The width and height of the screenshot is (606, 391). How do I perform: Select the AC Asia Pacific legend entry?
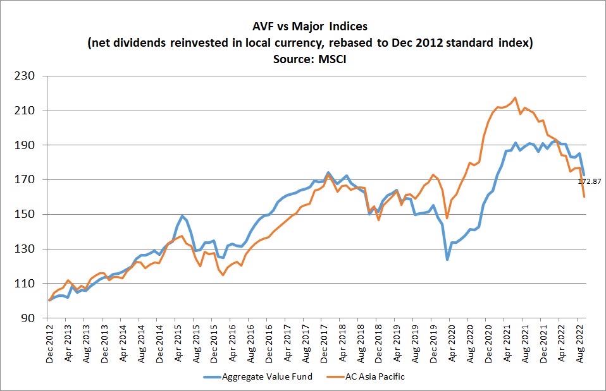coord(375,376)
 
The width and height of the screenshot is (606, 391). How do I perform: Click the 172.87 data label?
coord(589,181)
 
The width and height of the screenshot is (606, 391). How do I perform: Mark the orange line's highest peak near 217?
coord(515,98)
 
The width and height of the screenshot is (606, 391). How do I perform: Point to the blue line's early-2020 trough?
coord(447,259)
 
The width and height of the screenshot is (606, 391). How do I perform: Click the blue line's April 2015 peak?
coord(182,216)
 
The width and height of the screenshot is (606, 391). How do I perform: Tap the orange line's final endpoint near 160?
coord(584,196)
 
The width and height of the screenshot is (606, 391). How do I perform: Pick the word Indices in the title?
coord(344,28)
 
